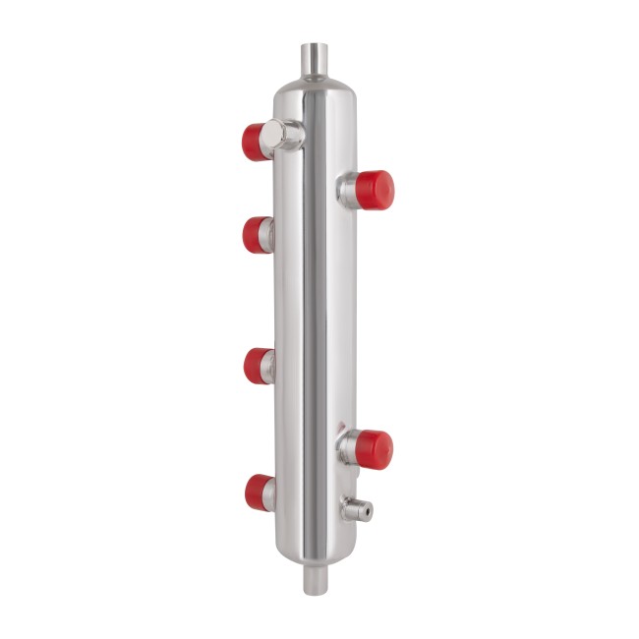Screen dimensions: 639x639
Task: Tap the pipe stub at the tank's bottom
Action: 317,580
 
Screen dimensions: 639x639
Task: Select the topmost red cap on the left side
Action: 257,141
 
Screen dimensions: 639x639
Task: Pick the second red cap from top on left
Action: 255,235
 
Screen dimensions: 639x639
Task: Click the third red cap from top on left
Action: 256,366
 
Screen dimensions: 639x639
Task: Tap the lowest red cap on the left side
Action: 258,492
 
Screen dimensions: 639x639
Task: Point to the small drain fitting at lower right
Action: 356,509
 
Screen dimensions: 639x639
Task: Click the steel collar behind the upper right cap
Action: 347,189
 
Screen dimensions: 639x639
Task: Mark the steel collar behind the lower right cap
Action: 347,448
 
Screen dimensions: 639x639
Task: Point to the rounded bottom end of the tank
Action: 317,553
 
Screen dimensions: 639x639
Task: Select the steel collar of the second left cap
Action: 270,235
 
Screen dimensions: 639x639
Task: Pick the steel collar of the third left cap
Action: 270,366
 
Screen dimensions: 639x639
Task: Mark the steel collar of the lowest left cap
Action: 271,492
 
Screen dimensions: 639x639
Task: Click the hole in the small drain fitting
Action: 366,510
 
